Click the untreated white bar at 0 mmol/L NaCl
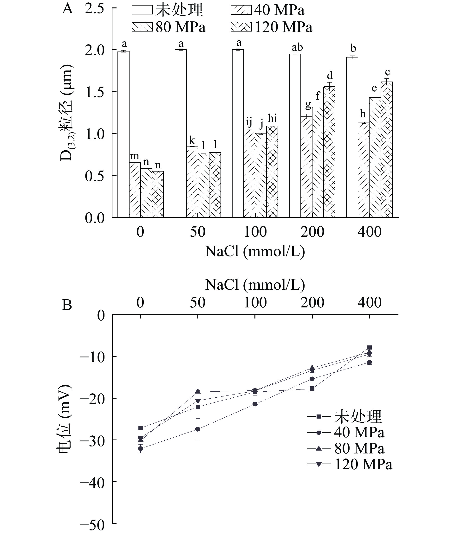point(123,134)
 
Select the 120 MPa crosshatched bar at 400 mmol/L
point(386,149)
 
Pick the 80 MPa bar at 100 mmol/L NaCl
point(261,175)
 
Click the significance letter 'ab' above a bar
point(297,48)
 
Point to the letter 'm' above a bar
point(134,156)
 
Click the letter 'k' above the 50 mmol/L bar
point(192,140)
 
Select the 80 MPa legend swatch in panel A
point(142,27)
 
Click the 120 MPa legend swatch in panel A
point(241,27)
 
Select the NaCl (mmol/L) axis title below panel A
point(255,251)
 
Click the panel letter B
point(67,305)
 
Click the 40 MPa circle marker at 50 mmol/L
point(198,429)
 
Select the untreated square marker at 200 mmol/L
point(312,389)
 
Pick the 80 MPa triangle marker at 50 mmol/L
point(198,391)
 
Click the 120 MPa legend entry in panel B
point(350,464)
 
